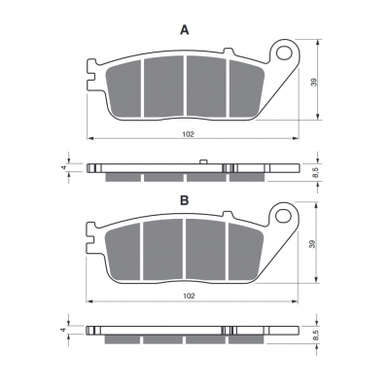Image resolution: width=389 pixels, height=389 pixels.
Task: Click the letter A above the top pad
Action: (x=185, y=30)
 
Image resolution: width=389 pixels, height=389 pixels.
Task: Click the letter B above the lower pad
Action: (x=185, y=200)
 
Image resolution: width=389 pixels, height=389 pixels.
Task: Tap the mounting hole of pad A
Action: (x=284, y=53)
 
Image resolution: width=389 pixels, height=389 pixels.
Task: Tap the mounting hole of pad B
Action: (x=283, y=216)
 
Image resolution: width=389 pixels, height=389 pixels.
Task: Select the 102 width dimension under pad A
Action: (x=188, y=134)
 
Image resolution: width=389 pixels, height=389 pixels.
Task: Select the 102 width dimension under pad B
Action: (x=189, y=296)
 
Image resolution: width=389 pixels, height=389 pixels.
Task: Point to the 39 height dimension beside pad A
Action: (x=313, y=82)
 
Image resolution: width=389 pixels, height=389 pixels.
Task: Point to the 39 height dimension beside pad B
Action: (x=312, y=244)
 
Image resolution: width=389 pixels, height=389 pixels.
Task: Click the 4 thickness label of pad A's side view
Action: (x=64, y=167)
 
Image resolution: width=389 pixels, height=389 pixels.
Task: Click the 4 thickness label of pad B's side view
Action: (x=64, y=330)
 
